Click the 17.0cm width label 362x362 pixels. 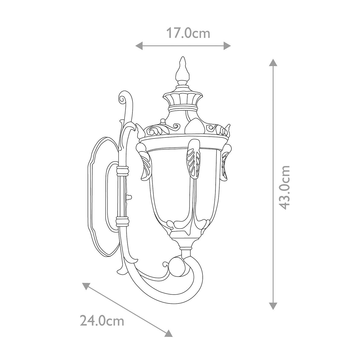coord(188,33)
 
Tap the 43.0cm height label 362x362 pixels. coord(284,187)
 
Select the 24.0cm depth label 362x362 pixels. coord(102,320)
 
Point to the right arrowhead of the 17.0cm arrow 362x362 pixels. coord(227,46)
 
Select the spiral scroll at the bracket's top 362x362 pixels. coord(123,98)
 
